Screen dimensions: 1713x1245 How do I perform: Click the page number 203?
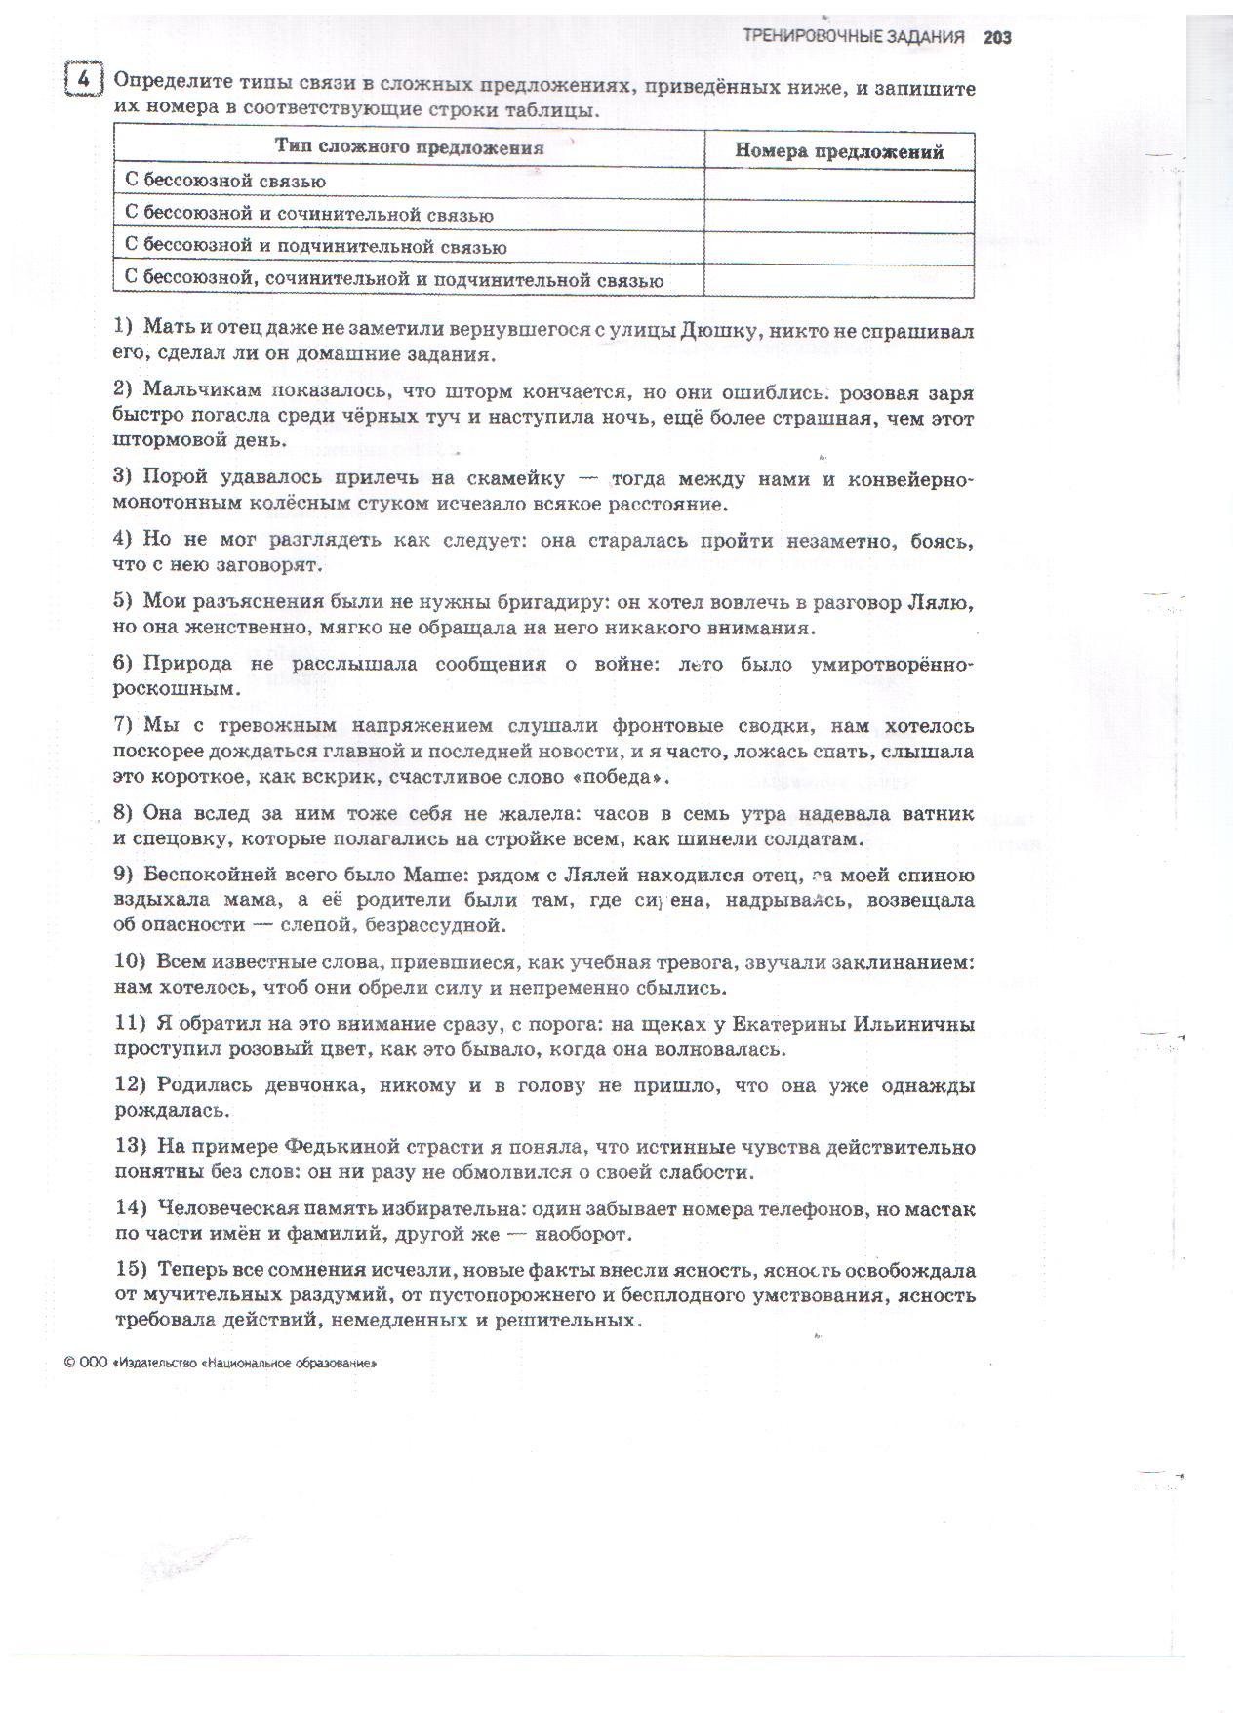click(997, 38)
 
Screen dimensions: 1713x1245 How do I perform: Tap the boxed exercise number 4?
click(84, 79)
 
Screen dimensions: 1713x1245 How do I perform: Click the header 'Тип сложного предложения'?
click(409, 148)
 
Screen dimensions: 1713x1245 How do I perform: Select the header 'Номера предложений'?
click(839, 151)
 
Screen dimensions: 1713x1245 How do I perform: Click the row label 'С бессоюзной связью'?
click(225, 182)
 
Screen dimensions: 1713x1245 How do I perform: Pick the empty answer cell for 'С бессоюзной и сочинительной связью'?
click(839, 216)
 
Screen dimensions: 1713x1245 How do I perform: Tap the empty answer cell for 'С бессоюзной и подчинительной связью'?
click(839, 248)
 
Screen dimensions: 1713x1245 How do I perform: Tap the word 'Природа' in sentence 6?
click(187, 664)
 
